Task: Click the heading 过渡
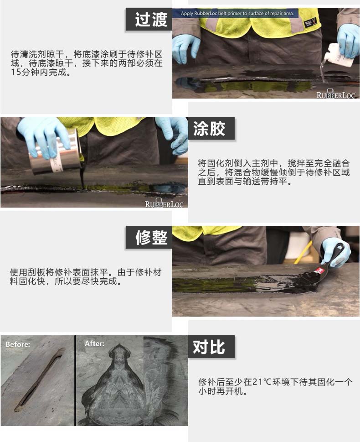(x=151, y=20)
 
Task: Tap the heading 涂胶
(x=209, y=129)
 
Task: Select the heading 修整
(x=151, y=237)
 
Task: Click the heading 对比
(x=209, y=347)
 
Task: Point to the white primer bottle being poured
(x=337, y=56)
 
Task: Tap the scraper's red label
(x=320, y=272)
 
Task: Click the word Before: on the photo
(x=18, y=344)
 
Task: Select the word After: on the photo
(x=94, y=343)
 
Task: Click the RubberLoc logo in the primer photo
(x=335, y=94)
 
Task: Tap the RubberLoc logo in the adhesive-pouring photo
(x=164, y=203)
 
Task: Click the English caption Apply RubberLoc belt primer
(x=237, y=13)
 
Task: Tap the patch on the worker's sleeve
(x=310, y=22)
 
